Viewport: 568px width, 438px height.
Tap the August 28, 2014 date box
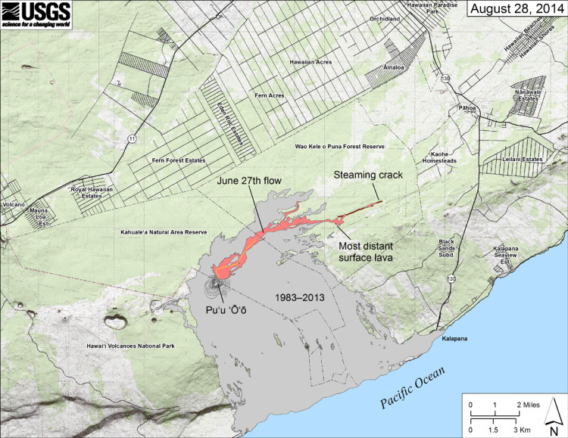click(x=515, y=10)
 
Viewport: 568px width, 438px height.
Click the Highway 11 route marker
click(x=133, y=139)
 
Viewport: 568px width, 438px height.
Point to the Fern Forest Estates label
click(x=179, y=160)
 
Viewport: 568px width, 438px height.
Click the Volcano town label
click(x=13, y=205)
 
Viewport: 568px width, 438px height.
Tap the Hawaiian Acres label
click(x=311, y=62)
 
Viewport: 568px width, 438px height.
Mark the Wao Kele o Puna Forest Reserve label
click(x=339, y=146)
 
